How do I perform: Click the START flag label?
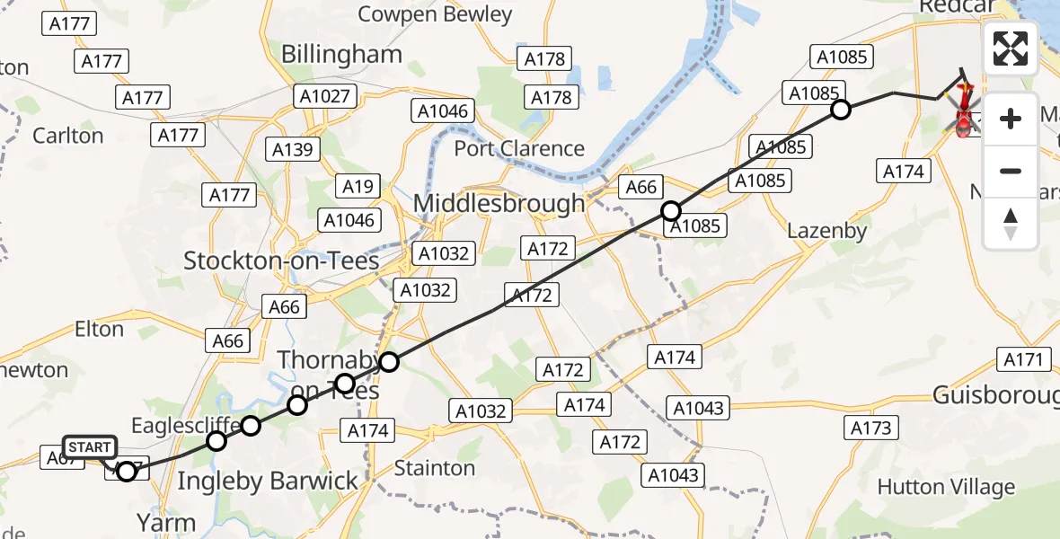pos(89,447)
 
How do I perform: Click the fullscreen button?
pos(1011,49)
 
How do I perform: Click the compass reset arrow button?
pos(1011,224)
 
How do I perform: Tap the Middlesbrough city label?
pos(499,204)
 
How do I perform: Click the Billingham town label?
pos(341,54)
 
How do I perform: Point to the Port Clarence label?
pos(519,148)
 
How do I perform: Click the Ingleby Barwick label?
pos(268,482)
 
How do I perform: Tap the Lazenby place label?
pos(826,231)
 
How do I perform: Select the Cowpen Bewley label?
pos(435,14)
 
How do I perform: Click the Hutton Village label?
pos(946,487)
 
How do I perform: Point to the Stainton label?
pos(435,468)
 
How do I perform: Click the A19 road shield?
pos(358,187)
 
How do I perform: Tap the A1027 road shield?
pos(325,96)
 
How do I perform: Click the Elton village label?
pos(99,329)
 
